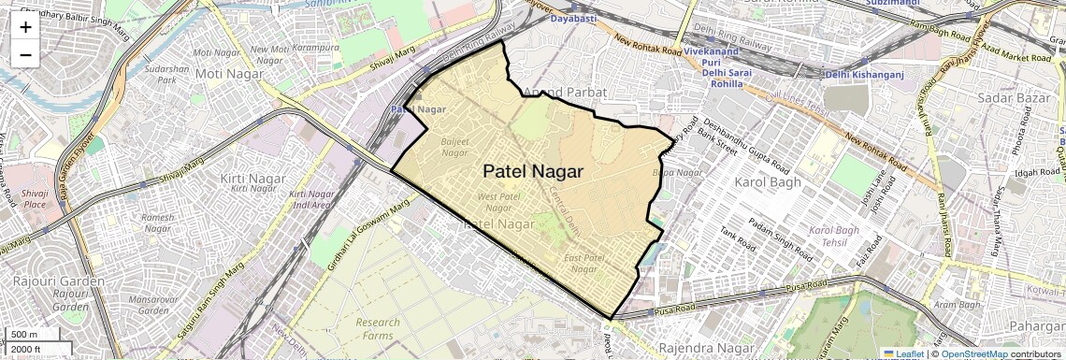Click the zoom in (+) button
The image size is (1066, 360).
coord(25,27)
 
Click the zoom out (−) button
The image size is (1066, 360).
coord(25,54)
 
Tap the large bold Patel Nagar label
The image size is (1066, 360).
coord(533,172)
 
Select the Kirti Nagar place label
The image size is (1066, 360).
coord(246,178)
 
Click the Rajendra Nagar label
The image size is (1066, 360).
coord(692,348)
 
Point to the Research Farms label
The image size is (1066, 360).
coord(378,329)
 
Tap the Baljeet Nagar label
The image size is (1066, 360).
coord(454,147)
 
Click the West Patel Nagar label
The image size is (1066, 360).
coord(498,202)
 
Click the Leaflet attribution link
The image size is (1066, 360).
coord(902,353)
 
